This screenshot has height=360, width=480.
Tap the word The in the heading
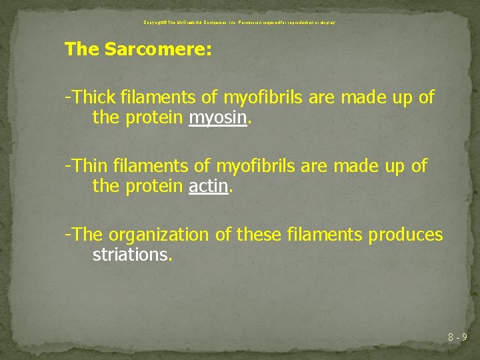82,50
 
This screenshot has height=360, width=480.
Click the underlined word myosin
219,119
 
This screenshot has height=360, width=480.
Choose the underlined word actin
208,187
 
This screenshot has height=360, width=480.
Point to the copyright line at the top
239,23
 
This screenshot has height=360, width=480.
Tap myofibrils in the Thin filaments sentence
253,166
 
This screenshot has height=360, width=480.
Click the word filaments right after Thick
157,98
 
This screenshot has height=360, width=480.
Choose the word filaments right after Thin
151,166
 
